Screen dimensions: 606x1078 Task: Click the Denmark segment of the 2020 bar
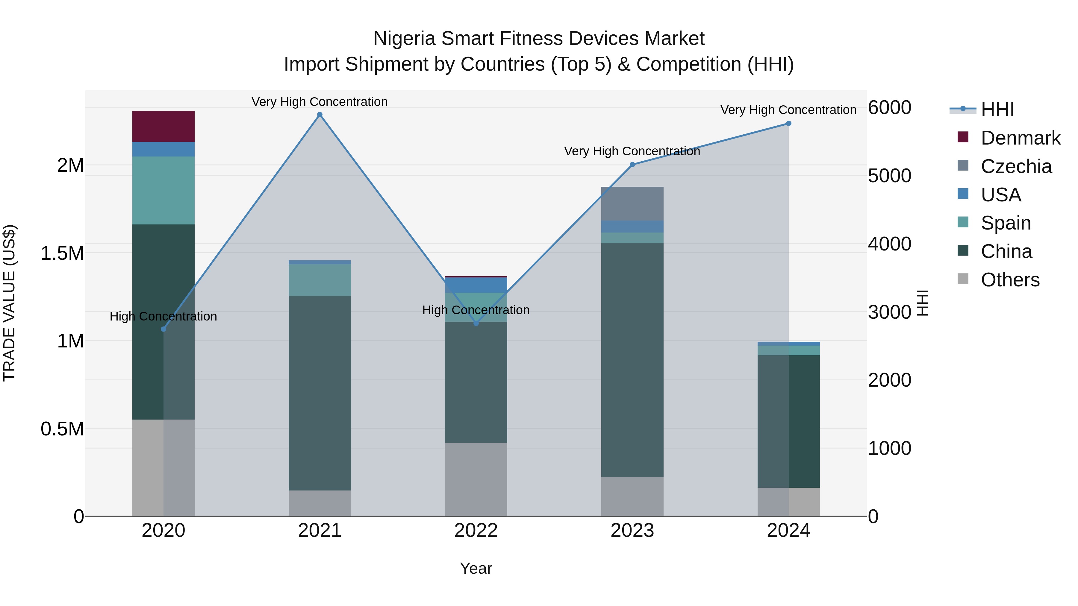click(163, 126)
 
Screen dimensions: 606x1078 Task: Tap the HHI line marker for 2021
click(320, 115)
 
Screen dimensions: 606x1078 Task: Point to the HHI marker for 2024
click(788, 123)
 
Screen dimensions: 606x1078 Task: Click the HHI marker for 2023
click(632, 165)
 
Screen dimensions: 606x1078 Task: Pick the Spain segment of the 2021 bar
click(320, 280)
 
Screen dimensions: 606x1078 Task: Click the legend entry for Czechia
click(1016, 166)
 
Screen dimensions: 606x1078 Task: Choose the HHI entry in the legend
click(997, 110)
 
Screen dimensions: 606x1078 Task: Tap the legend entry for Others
click(1010, 280)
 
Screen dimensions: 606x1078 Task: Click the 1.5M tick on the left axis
click(62, 253)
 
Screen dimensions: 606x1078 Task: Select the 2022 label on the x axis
click(476, 531)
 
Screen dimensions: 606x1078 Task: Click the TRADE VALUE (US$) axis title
click(9, 303)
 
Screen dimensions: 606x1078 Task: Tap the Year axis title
click(476, 568)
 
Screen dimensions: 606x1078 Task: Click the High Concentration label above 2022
click(476, 310)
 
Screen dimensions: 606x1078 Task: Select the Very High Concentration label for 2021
click(320, 102)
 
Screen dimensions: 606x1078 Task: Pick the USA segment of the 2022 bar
click(476, 285)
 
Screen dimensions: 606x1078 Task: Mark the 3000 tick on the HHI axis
click(889, 312)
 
